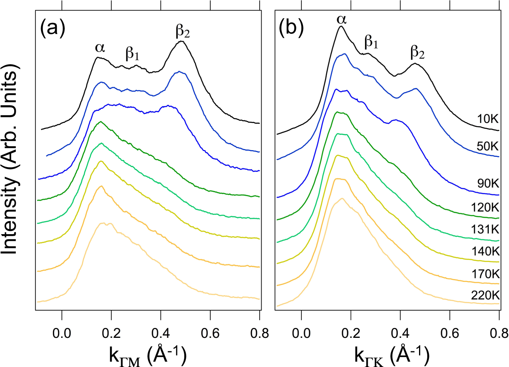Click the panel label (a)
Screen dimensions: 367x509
click(x=52, y=29)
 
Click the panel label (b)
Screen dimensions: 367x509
click(x=291, y=29)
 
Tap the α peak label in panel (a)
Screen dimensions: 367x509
click(x=100, y=48)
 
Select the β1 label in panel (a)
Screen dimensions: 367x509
click(x=133, y=54)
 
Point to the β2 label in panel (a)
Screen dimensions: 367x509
click(x=183, y=31)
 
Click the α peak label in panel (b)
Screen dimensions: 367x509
click(x=342, y=19)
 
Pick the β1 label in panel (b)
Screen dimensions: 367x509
click(x=371, y=41)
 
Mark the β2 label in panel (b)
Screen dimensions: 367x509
click(x=417, y=52)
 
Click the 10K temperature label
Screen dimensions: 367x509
click(x=488, y=119)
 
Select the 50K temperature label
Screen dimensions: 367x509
click(x=488, y=146)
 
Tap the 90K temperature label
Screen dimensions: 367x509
click(x=488, y=183)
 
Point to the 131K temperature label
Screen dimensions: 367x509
click(x=485, y=229)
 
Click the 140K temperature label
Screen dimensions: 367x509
click(x=485, y=251)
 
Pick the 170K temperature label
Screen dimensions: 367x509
click(x=485, y=273)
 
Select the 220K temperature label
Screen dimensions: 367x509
click(x=485, y=295)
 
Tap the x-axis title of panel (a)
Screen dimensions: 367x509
click(x=147, y=356)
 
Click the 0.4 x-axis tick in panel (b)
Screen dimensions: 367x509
click(x=400, y=333)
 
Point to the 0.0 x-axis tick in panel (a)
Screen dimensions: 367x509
click(x=62, y=333)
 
